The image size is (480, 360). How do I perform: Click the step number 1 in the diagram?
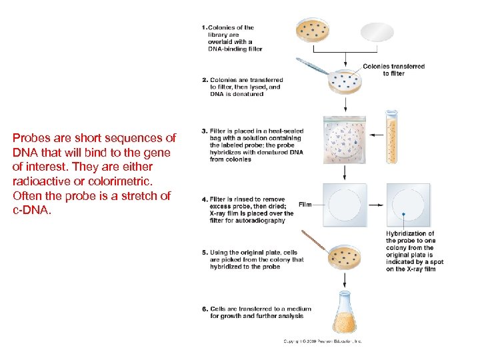tap(203, 27)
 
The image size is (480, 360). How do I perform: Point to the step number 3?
tap(204, 131)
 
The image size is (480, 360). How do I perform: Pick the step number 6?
tap(204, 309)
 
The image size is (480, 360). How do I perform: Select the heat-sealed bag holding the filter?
tap(345, 140)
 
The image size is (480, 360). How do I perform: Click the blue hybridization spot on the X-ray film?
tap(403, 213)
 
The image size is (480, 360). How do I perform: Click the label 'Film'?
tap(305, 204)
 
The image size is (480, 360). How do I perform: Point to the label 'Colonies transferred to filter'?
tap(393, 69)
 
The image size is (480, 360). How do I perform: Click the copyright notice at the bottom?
tap(323, 341)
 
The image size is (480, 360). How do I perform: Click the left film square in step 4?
tap(345, 205)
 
